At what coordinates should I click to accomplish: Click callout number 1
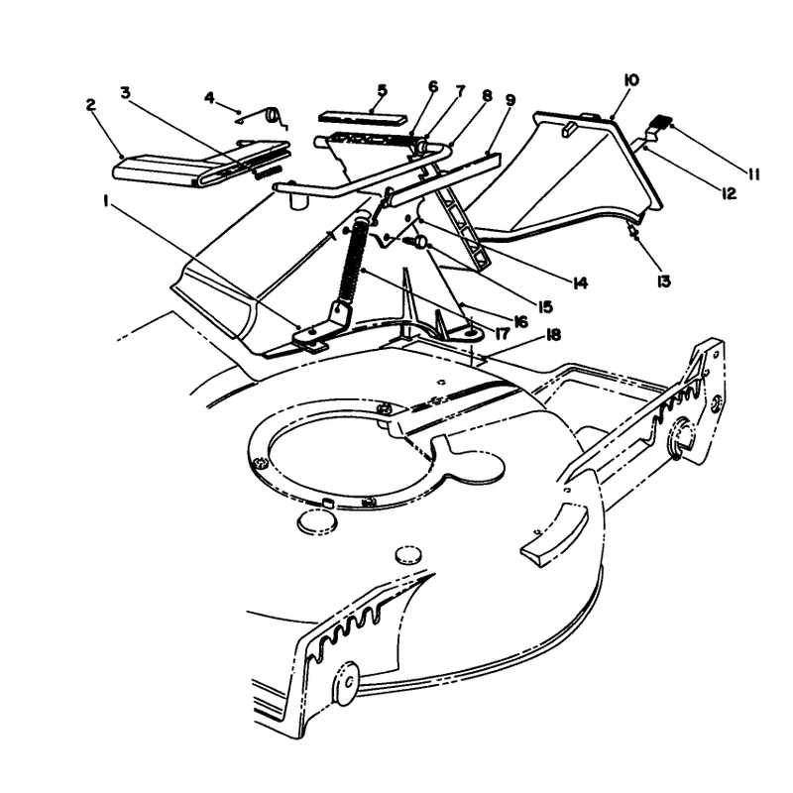[106, 201]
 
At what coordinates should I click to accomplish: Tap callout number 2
[91, 105]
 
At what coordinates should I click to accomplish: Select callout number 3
[126, 92]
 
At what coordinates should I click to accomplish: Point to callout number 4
[209, 97]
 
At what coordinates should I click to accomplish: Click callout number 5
[382, 90]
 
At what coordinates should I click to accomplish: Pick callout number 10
[632, 80]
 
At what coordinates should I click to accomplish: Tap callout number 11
[754, 175]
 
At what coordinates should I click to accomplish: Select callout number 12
[729, 193]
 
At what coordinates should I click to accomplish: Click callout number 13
[663, 282]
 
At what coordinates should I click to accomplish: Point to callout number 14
[580, 283]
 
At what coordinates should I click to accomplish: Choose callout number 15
[544, 306]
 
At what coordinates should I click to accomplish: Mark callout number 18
[553, 335]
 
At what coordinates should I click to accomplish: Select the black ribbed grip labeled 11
[661, 122]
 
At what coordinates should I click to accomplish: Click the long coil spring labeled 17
[352, 260]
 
